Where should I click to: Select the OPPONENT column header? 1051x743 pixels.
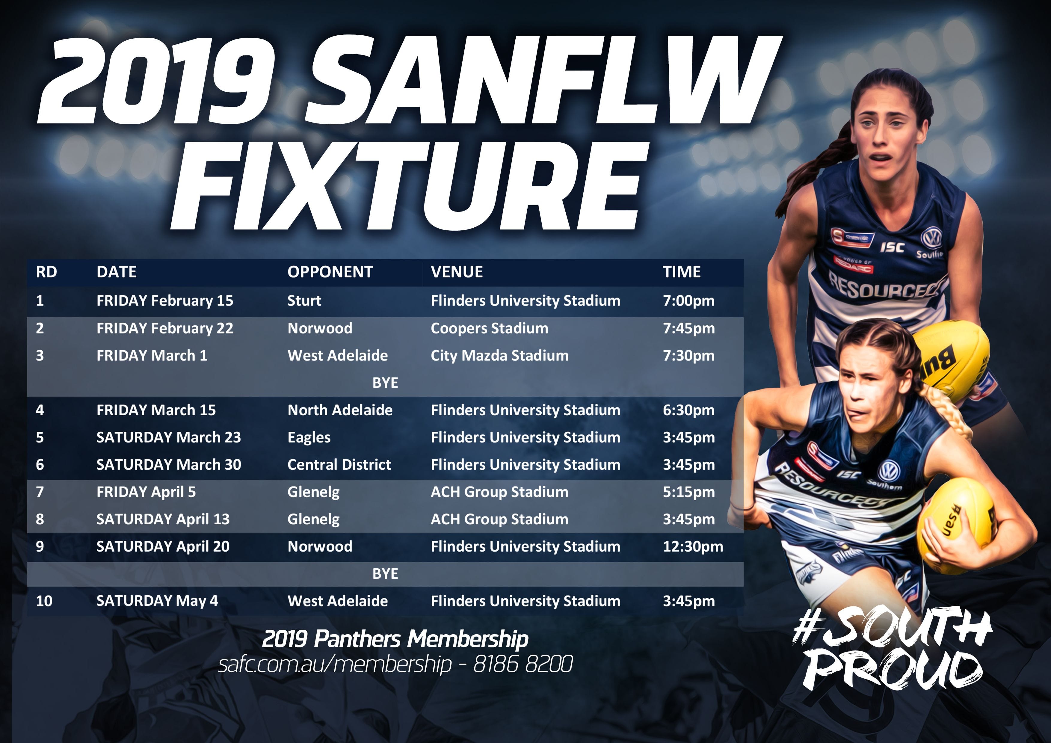330,272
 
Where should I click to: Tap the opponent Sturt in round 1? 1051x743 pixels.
304,301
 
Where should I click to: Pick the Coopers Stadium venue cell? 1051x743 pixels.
489,328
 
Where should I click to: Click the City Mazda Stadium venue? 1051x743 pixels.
499,356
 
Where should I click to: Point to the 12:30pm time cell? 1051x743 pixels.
693,546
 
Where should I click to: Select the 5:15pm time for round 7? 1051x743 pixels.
689,492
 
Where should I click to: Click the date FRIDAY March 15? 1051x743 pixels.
156,410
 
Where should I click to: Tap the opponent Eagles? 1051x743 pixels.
309,438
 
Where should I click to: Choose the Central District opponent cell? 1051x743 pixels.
339,465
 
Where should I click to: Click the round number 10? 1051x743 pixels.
44,601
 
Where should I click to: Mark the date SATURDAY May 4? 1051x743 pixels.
157,601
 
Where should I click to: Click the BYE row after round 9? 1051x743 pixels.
385,574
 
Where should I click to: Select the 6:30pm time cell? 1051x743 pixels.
689,410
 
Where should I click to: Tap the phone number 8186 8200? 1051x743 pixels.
523,664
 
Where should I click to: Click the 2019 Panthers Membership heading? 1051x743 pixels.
395,639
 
